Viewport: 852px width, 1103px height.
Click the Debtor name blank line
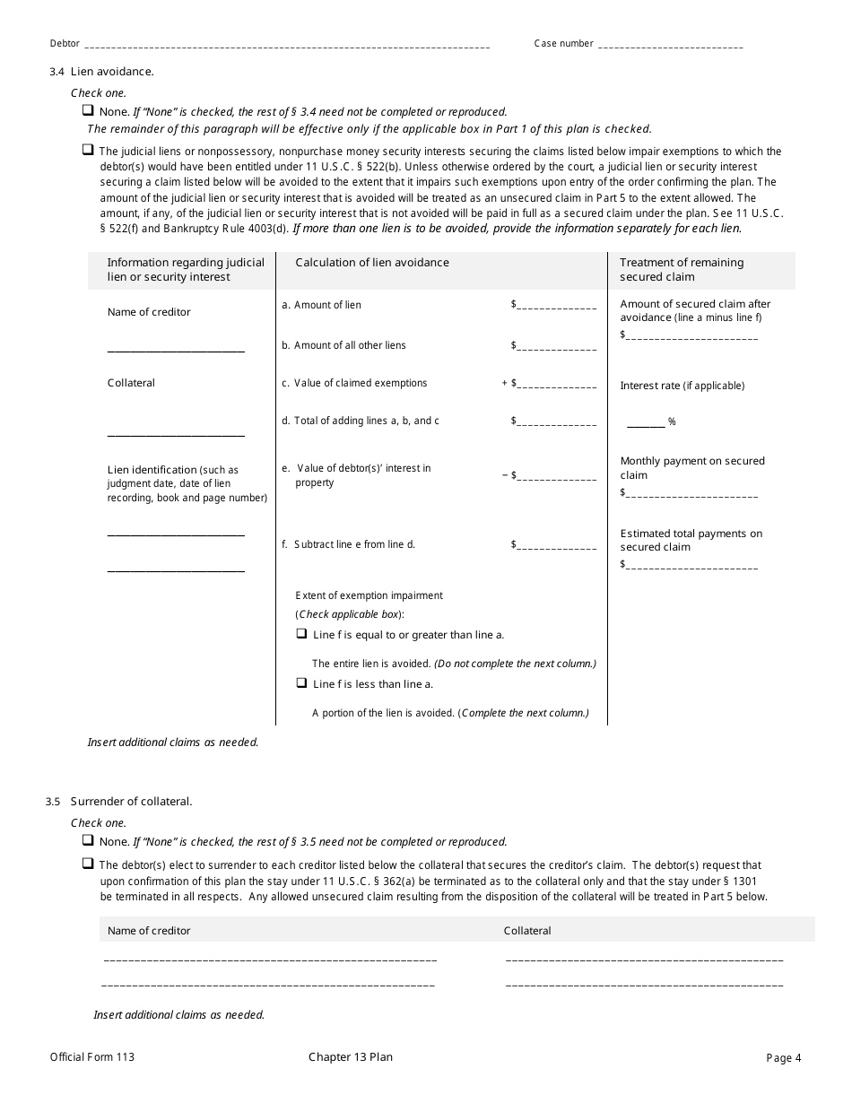tap(287, 46)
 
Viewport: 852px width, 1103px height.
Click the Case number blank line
tap(671, 46)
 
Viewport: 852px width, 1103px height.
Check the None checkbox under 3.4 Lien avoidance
tap(88, 111)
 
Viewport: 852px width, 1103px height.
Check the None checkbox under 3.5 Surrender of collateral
tap(88, 841)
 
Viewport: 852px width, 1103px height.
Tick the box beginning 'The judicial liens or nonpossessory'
tap(88, 151)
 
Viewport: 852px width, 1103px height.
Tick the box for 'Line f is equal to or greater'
tap(302, 634)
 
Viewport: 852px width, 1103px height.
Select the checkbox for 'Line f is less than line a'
tap(302, 683)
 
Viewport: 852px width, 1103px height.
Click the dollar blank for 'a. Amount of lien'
tap(556, 308)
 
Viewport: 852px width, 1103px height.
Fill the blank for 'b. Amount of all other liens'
tap(556, 348)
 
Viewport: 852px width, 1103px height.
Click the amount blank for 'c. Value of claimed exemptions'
tap(556, 386)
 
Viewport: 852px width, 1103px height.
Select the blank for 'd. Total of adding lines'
tap(556, 423)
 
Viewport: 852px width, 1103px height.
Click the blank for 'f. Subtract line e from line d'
tap(556, 547)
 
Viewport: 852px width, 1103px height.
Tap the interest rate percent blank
tap(646, 423)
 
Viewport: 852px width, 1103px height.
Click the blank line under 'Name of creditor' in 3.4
tap(176, 350)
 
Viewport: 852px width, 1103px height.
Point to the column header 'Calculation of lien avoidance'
tap(372, 263)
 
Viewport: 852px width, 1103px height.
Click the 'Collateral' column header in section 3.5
tap(527, 931)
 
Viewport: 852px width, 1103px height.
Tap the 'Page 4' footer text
tap(784, 1058)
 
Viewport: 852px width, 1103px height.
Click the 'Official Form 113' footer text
tap(92, 1057)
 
